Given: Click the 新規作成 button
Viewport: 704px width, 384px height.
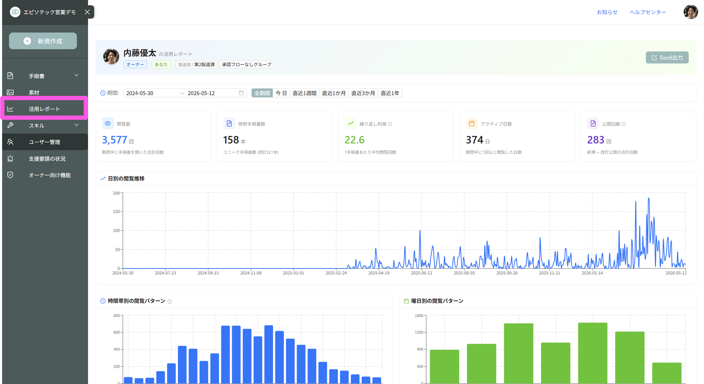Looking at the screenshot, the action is pyautogui.click(x=43, y=41).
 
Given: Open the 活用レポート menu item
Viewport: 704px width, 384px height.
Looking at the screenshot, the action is pyautogui.click(x=44, y=109).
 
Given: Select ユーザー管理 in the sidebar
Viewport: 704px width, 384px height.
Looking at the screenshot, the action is pyautogui.click(x=45, y=142).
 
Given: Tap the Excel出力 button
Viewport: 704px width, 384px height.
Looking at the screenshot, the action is pyautogui.click(x=667, y=58).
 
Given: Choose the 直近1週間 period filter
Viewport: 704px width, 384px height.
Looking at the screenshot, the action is pyautogui.click(x=304, y=93).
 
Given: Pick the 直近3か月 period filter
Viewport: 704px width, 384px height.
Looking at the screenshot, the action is pyautogui.click(x=363, y=93).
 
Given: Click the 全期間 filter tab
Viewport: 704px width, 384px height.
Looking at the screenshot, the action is pyautogui.click(x=262, y=93).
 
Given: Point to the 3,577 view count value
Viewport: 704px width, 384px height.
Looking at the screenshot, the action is pyautogui.click(x=114, y=140).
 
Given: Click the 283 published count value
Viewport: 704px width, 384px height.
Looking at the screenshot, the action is pyautogui.click(x=596, y=140).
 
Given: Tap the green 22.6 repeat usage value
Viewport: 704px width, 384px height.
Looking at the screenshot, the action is pyautogui.click(x=354, y=140).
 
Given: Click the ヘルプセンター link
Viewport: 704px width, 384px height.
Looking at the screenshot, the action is pyautogui.click(x=647, y=12).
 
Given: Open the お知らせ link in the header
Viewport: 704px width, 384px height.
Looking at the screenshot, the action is pyautogui.click(x=607, y=12).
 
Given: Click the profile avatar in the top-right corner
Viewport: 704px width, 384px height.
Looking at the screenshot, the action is pyautogui.click(x=690, y=12).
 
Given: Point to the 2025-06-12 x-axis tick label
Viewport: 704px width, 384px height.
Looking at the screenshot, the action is pyautogui.click(x=421, y=273).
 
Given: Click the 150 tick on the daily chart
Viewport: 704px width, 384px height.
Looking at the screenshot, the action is pyautogui.click(x=116, y=211).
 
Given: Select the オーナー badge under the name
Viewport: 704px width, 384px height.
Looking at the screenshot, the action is pyautogui.click(x=135, y=65).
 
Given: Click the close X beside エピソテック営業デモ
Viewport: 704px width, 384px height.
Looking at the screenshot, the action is pyautogui.click(x=87, y=12).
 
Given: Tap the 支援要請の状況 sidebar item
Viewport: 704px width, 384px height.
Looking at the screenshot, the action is pyautogui.click(x=47, y=159).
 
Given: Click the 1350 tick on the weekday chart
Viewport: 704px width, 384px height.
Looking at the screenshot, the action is pyautogui.click(x=419, y=332).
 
